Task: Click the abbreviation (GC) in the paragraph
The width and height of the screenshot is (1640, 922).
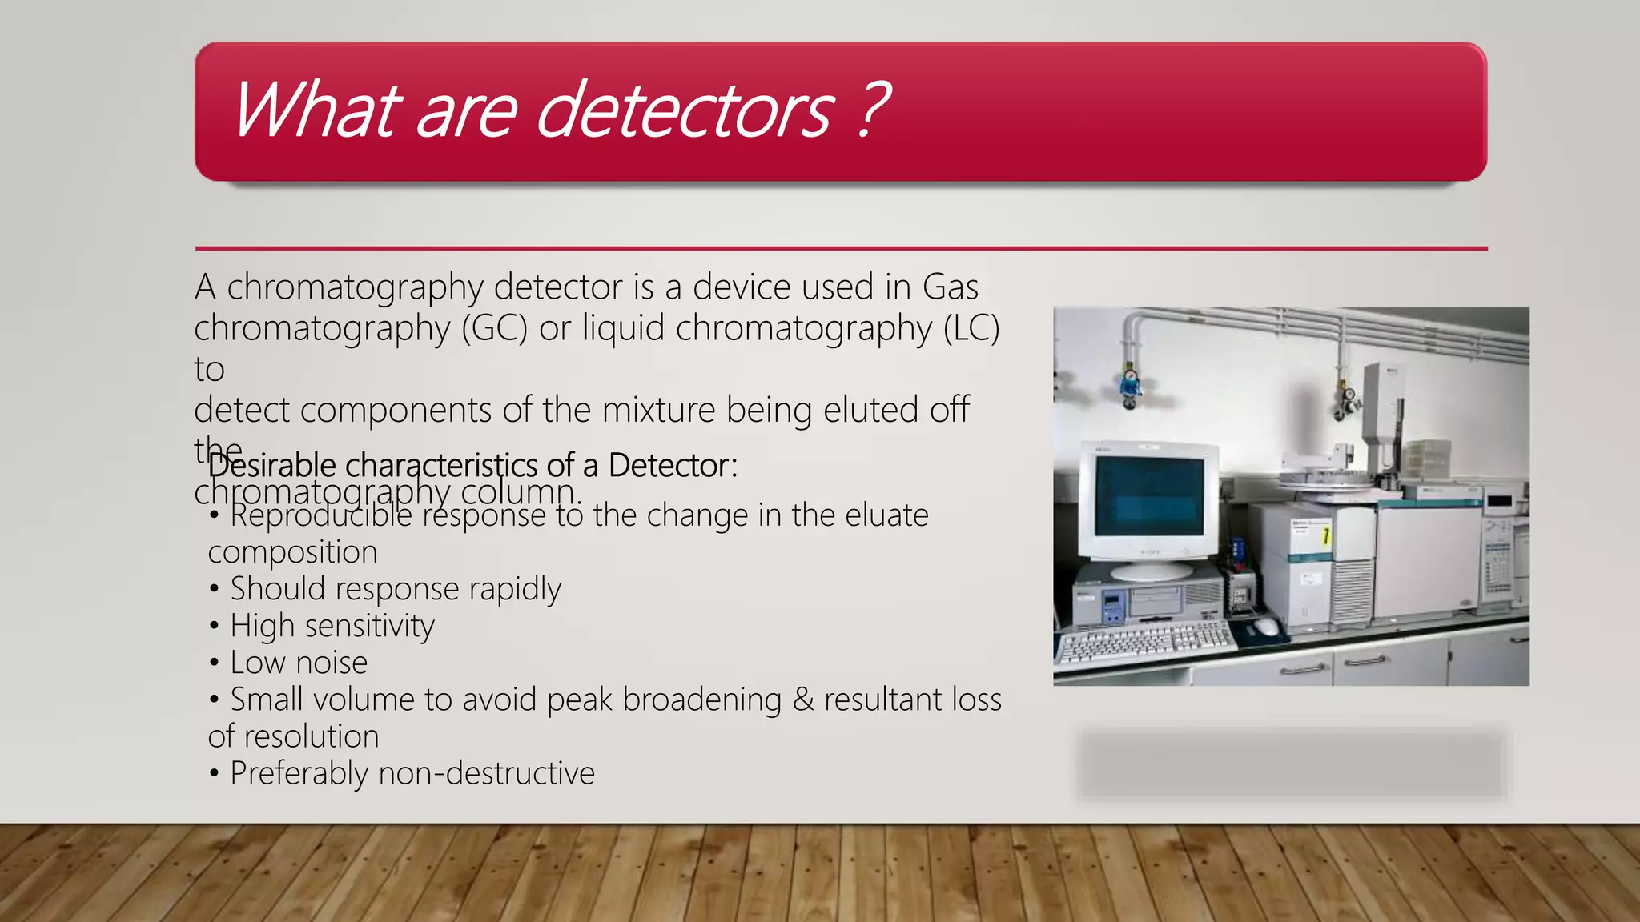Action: (494, 328)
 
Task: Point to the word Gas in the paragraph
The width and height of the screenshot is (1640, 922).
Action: (950, 287)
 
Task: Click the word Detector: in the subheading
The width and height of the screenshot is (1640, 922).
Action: (672, 465)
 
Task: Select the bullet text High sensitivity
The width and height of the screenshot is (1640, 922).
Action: (332, 626)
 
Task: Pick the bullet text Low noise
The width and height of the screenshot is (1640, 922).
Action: (298, 663)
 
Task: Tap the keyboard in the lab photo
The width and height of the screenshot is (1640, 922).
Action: (1145, 641)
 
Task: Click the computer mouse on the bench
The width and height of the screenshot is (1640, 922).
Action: (1266, 626)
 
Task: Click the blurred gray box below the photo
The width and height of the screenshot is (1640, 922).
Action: (1291, 765)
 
